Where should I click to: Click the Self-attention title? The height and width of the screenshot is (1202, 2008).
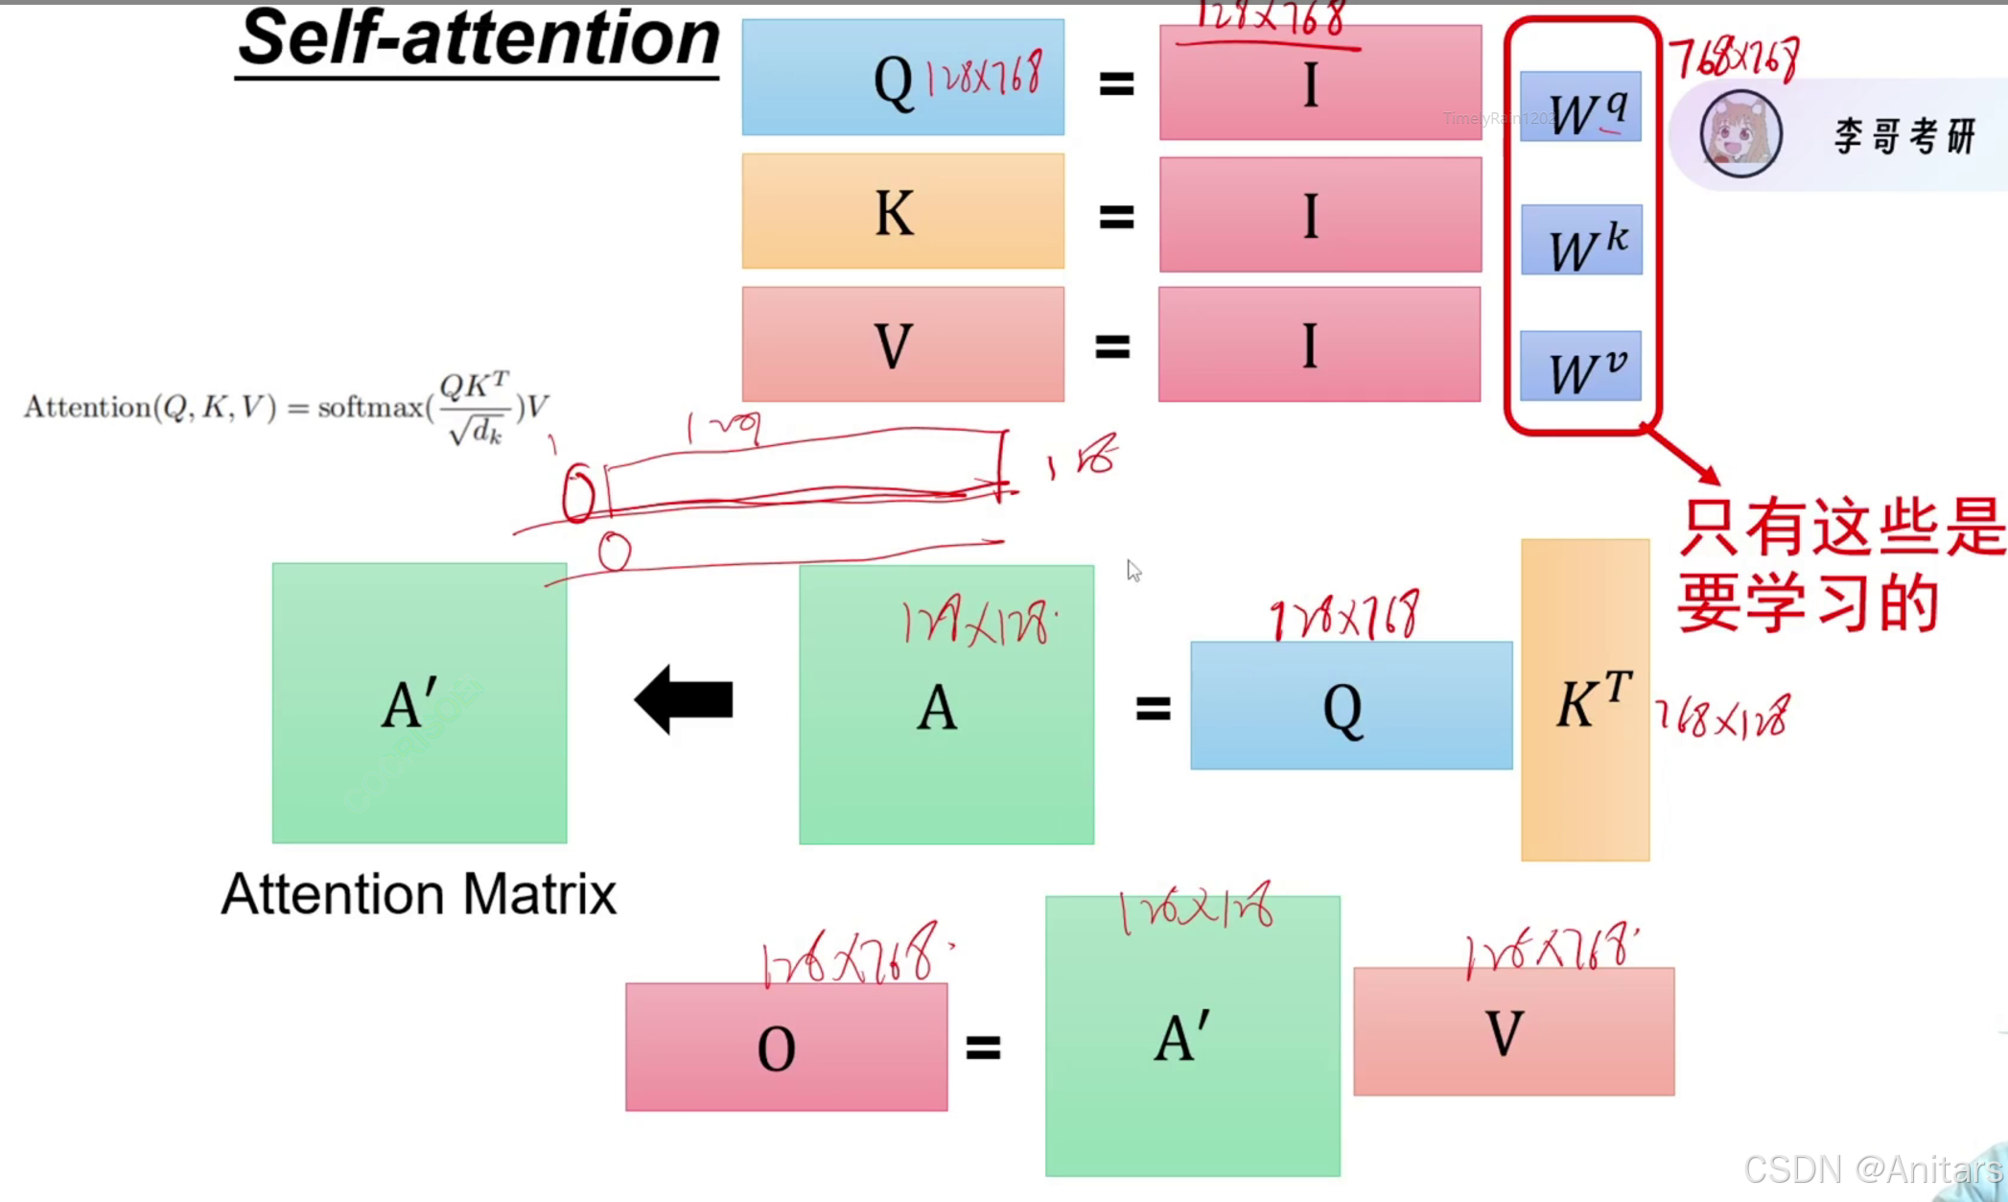pos(479,40)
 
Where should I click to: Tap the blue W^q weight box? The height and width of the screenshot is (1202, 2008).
pos(1580,106)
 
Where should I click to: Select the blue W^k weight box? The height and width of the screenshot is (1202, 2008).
pos(1581,240)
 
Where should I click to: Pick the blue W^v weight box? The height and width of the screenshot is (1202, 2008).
pos(1580,365)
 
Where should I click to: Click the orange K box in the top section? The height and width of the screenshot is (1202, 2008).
pos(902,211)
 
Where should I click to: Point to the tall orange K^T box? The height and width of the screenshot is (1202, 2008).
pos(1584,700)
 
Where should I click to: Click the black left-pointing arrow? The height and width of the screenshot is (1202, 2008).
pos(684,699)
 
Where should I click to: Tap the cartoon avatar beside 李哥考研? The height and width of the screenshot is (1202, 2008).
pos(1740,134)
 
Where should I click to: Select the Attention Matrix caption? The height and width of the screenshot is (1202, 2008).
pos(418,894)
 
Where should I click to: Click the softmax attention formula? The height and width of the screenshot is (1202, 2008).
pos(286,408)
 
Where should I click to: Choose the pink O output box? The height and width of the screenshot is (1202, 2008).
pos(786,1047)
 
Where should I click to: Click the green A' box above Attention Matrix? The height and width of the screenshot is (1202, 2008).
pos(419,703)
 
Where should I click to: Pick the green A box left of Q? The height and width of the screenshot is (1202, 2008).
pos(946,705)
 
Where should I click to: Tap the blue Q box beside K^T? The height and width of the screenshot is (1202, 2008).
pos(1350,706)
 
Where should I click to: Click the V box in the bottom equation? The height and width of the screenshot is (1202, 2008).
pos(1513,1032)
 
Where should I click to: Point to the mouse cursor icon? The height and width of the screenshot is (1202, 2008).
pos(1133,571)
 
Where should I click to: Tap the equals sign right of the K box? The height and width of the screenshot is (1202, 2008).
pos(1116,217)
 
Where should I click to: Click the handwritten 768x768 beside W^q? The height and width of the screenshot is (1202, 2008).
pos(1735,58)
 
